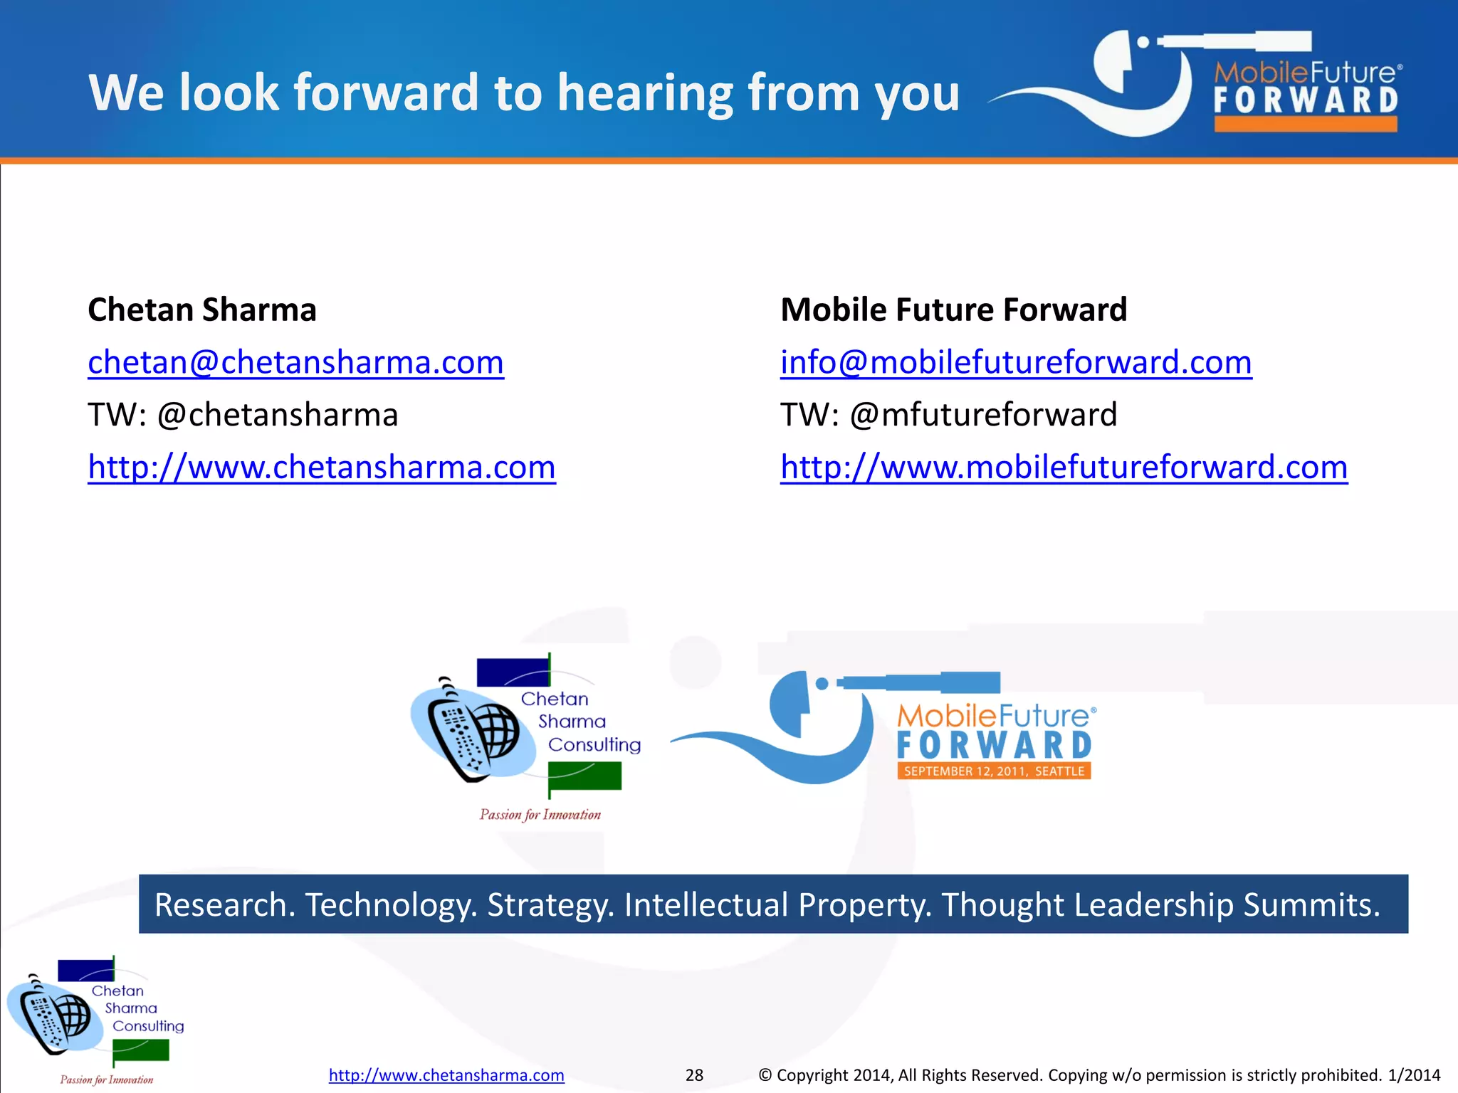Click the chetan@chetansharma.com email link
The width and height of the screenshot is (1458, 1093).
click(295, 363)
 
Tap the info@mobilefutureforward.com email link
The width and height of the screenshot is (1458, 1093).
click(1016, 363)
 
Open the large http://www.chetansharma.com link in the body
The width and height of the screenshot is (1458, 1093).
click(322, 468)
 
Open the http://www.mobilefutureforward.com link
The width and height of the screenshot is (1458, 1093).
click(1064, 468)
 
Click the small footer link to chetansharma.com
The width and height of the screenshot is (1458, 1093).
click(446, 1075)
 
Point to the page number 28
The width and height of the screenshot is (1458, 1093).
click(694, 1075)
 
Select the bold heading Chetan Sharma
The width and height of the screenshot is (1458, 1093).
click(202, 310)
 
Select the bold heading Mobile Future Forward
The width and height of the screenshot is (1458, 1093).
click(954, 310)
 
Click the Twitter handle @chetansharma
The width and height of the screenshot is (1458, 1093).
click(278, 415)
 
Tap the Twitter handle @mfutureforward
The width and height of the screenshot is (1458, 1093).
click(983, 415)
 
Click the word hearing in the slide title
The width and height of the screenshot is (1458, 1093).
click(645, 93)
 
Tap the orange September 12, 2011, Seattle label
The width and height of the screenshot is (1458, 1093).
click(994, 771)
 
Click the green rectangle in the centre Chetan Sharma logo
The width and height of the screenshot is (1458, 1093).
click(585, 776)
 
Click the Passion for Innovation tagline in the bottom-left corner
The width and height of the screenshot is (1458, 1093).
click(107, 1079)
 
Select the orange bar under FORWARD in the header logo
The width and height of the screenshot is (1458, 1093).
click(1306, 124)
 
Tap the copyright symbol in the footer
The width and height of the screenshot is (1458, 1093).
click(765, 1075)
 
